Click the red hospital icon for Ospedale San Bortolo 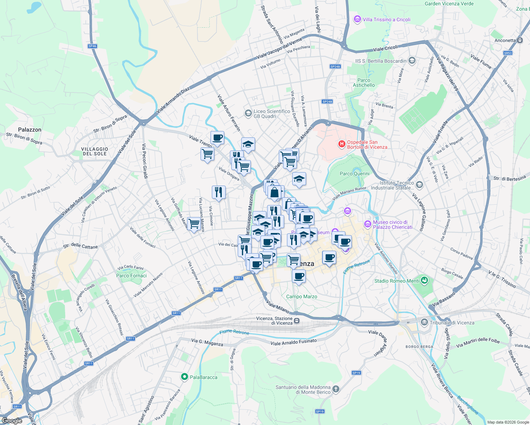[x=342, y=144]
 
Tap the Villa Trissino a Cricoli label [x=386, y=19]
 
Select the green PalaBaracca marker [x=184, y=377]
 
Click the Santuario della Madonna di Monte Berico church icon [x=336, y=389]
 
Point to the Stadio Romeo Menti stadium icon [x=424, y=281]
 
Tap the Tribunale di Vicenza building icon [x=424, y=322]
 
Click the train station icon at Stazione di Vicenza [x=297, y=321]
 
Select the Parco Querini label [x=354, y=174]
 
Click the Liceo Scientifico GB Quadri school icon [x=248, y=113]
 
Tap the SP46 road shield [x=92, y=46]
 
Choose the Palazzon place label [x=30, y=130]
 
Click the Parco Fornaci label [x=131, y=276]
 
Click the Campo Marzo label [x=301, y=296]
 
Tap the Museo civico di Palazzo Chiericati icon [x=368, y=224]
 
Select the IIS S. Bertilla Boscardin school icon [x=412, y=61]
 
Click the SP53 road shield [x=508, y=53]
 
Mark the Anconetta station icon [x=520, y=40]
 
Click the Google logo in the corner [x=12, y=421]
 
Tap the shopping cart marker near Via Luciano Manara [x=194, y=224]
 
